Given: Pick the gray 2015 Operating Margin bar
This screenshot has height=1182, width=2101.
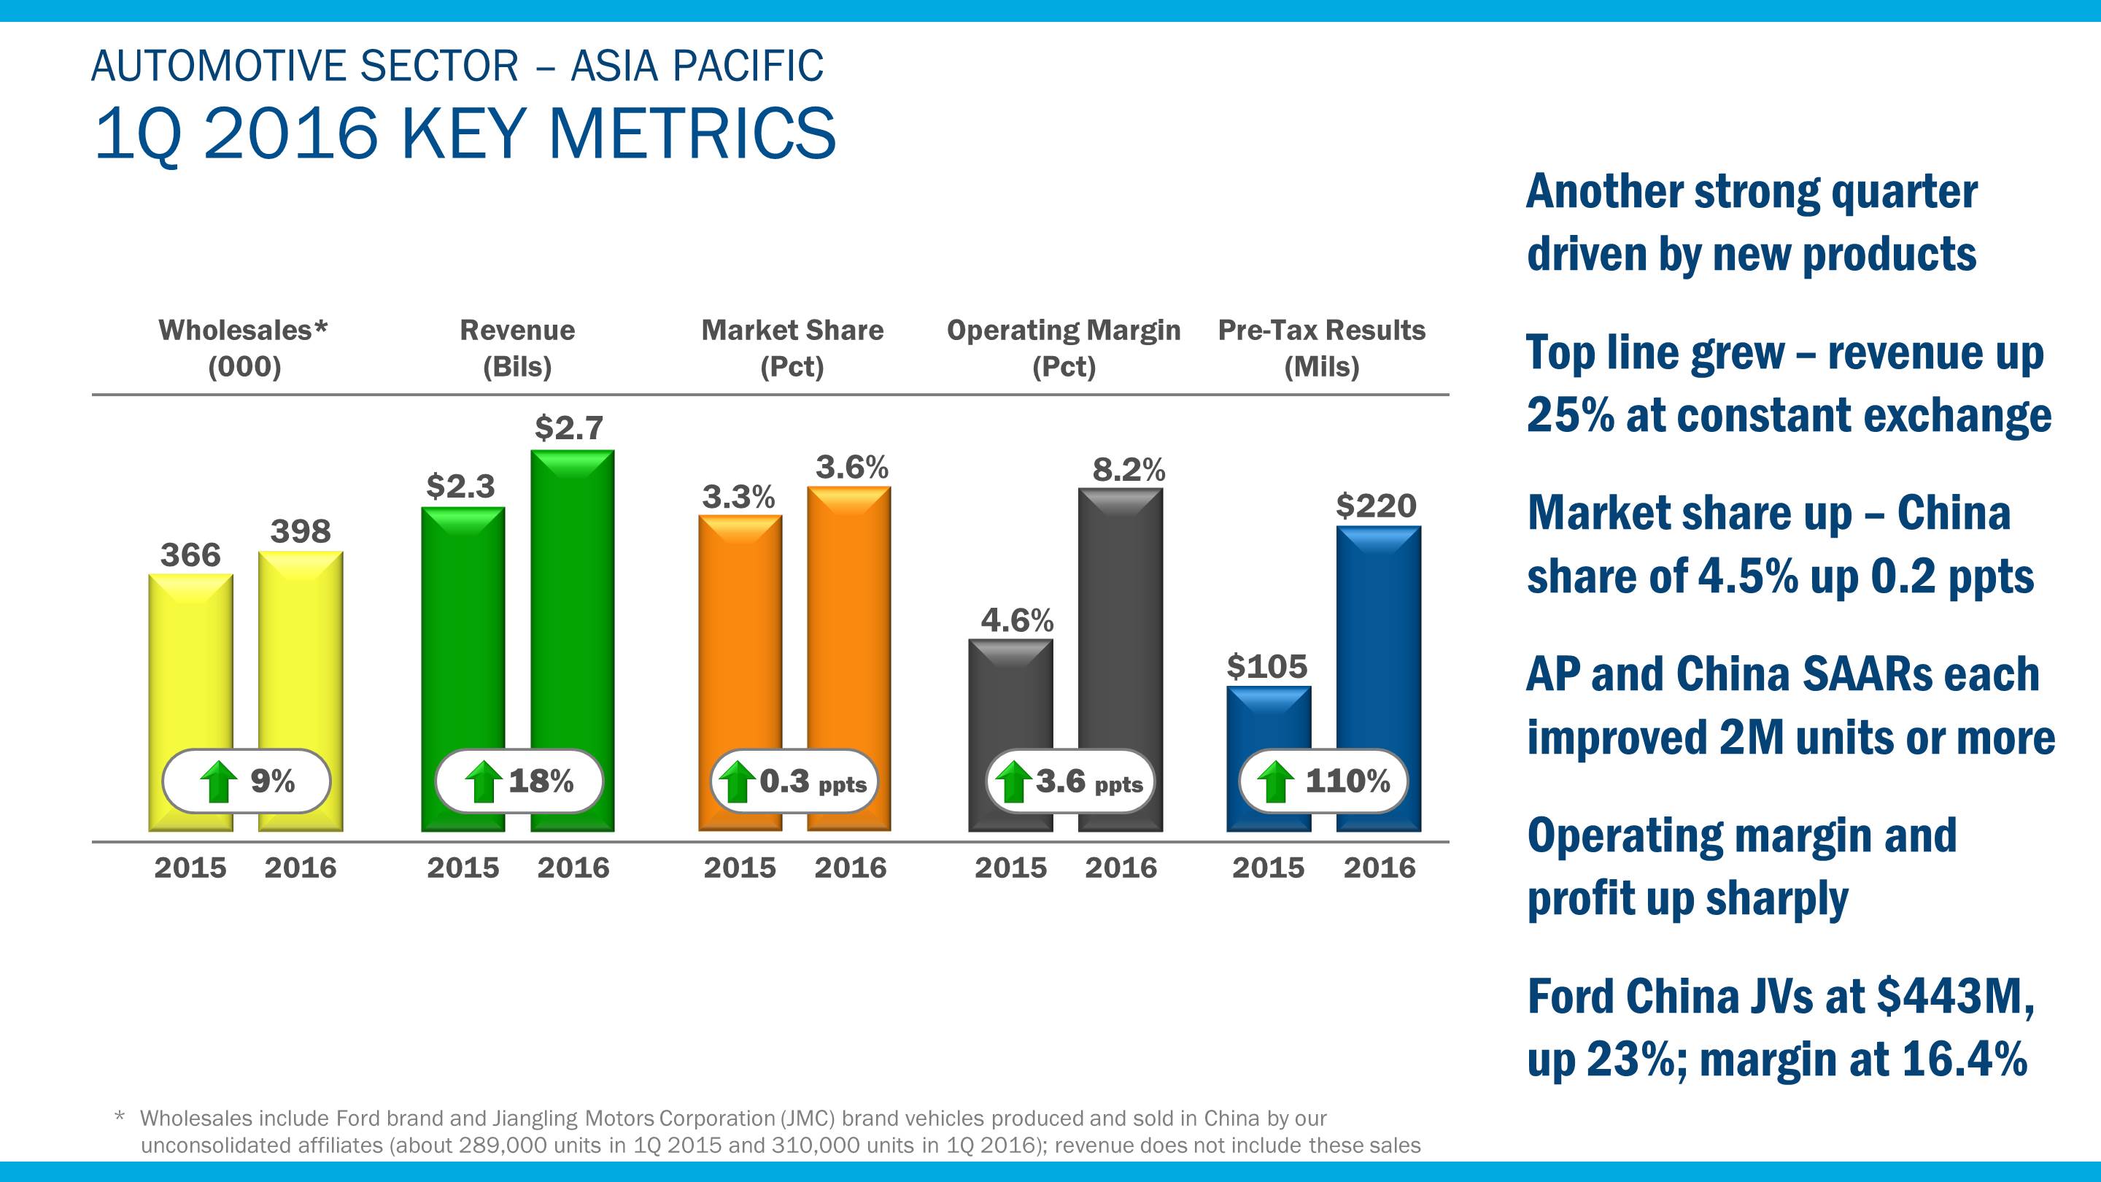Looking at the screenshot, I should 1010,701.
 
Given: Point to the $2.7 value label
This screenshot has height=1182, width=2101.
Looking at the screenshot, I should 568,428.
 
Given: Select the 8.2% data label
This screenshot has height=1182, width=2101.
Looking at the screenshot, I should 1129,470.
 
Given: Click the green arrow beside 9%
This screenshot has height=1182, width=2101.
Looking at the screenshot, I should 219,782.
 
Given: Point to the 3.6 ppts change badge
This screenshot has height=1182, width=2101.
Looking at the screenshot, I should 1071,781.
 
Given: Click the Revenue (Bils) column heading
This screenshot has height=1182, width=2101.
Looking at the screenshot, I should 517,348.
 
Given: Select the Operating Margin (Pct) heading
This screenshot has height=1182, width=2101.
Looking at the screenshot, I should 1064,348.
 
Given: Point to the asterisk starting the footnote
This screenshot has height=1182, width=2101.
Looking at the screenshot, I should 120,1117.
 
